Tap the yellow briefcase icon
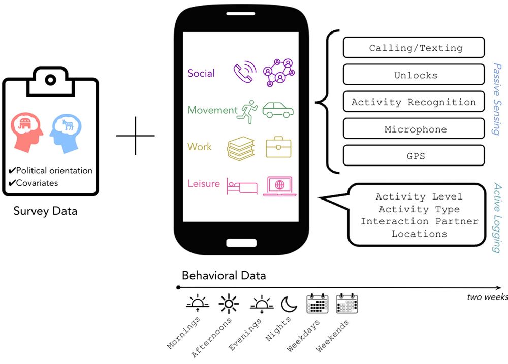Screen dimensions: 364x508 click(278, 147)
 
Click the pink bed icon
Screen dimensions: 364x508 click(242, 186)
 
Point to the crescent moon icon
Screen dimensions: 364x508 click(289, 304)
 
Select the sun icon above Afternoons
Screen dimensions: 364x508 click(228, 304)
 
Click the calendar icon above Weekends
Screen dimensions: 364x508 click(347, 303)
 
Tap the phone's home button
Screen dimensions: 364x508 click(241, 242)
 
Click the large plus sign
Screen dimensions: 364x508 click(135, 136)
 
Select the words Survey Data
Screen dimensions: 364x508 click(46, 211)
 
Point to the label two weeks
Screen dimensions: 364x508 click(486, 297)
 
